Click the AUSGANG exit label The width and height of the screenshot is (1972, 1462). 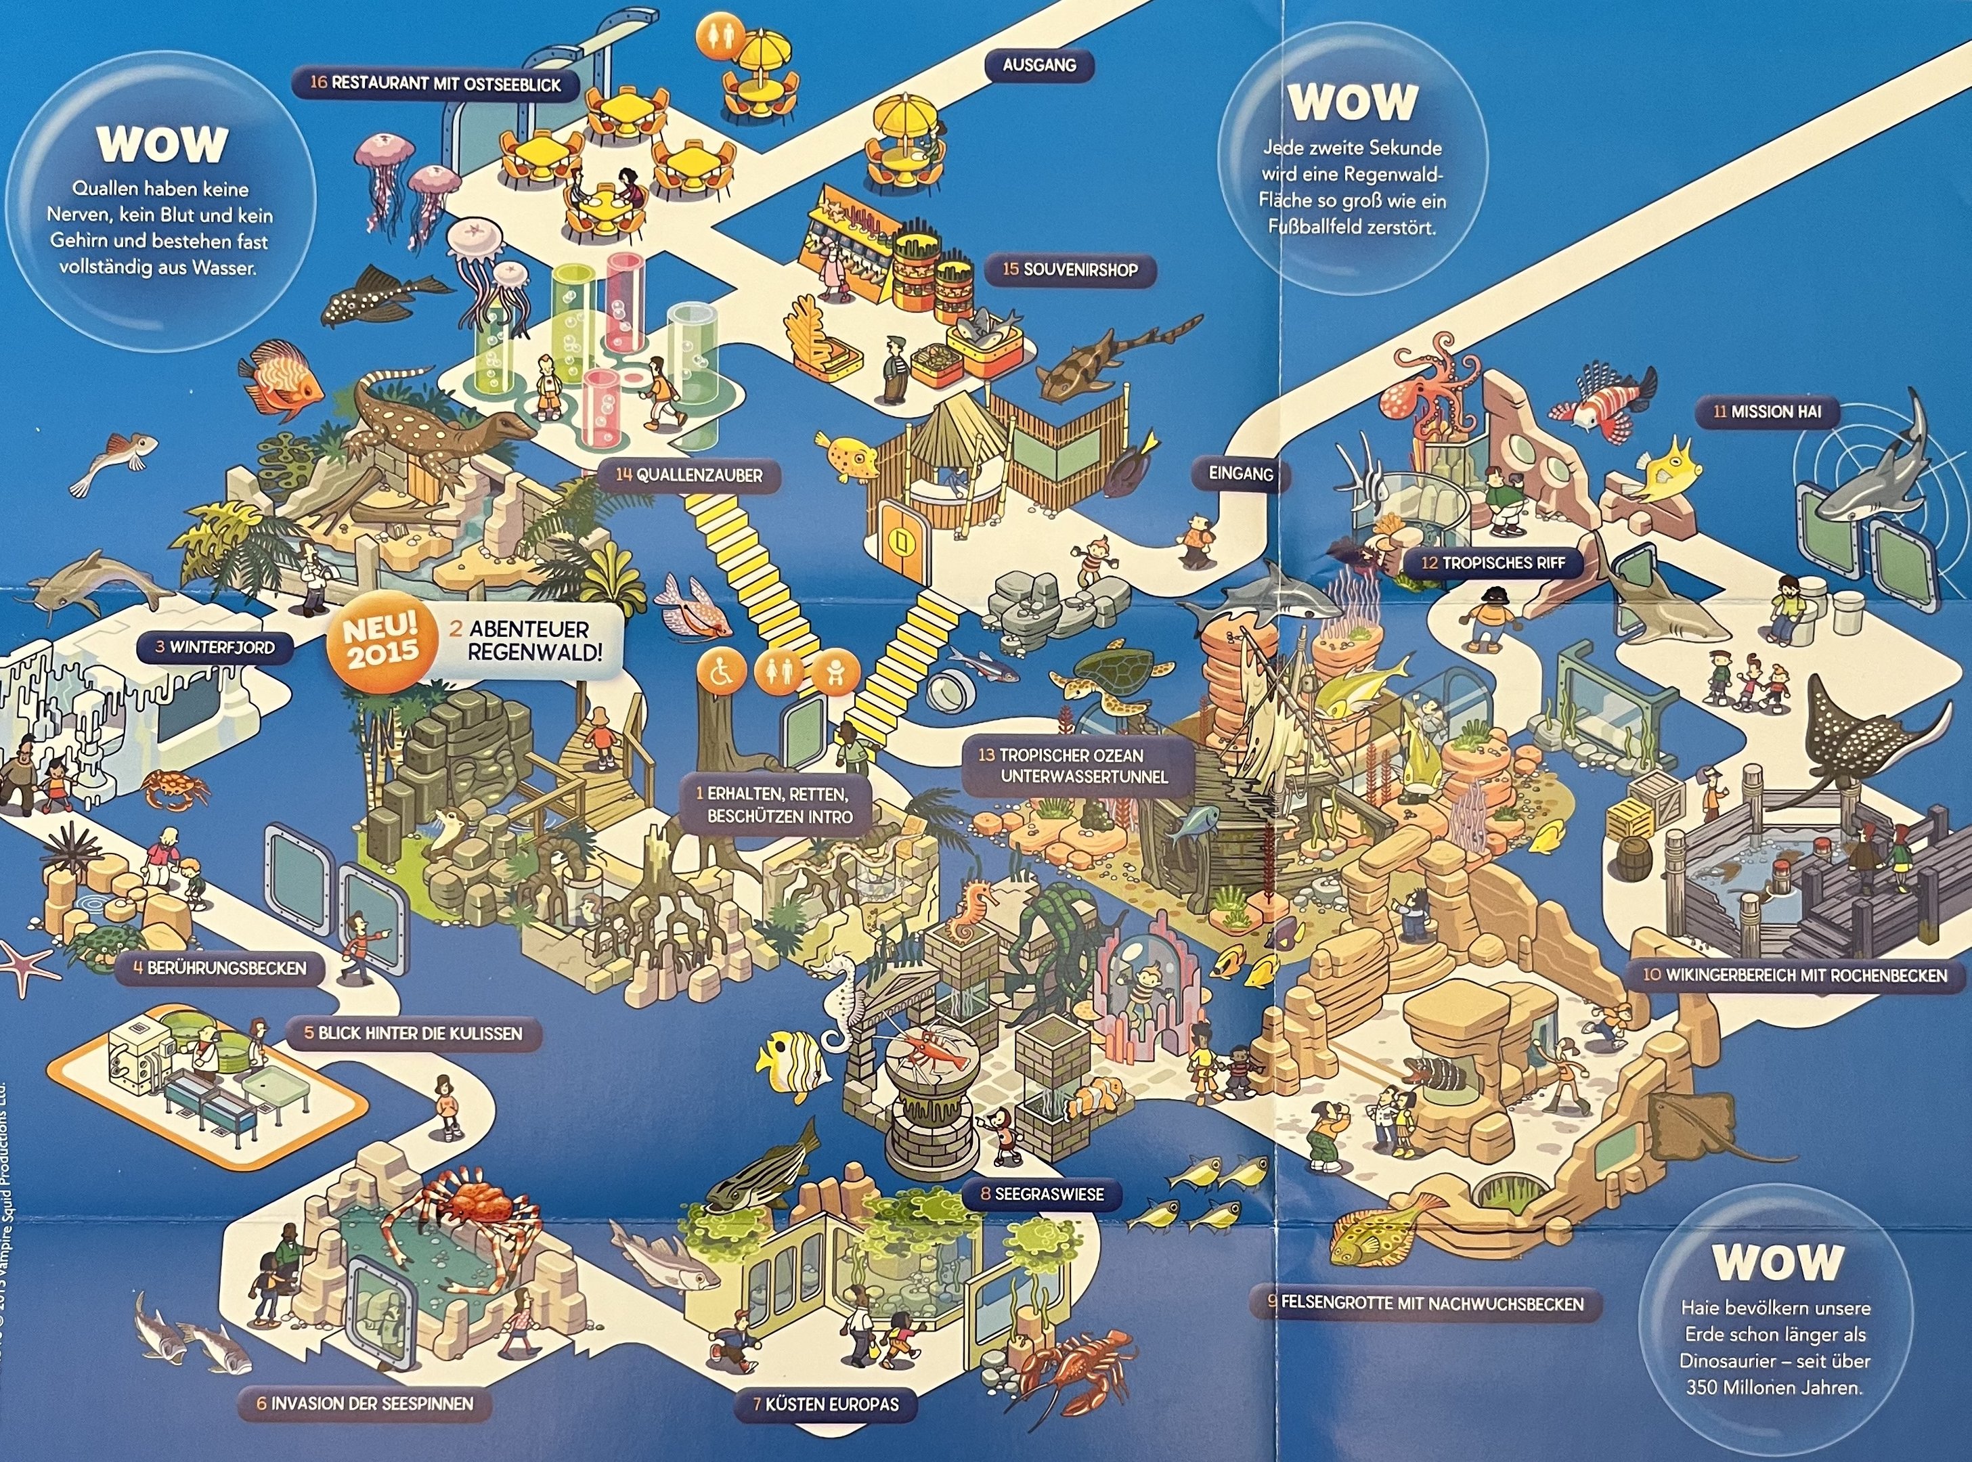coord(1039,64)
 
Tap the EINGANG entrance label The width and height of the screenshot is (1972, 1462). coord(1241,474)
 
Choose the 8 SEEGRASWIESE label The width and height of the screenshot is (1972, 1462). coord(1042,1194)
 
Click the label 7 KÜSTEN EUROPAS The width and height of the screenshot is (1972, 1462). coord(825,1404)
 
